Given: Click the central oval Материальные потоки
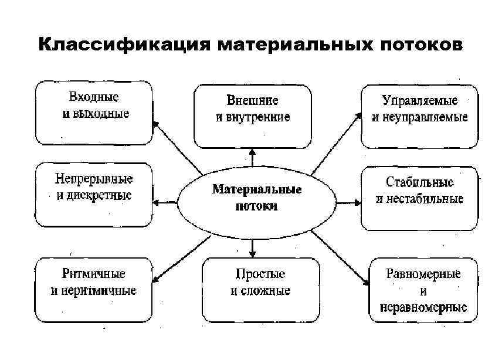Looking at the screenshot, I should tap(253, 198).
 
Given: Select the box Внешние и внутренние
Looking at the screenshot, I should tap(253, 116).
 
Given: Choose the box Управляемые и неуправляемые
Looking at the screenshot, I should tap(420, 116).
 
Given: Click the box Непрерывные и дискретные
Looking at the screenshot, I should tap(94, 195).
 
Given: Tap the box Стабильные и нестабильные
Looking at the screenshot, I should tap(420, 198).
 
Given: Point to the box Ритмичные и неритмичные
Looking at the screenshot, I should tap(94, 288).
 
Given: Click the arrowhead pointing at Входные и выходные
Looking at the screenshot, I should tap(155, 124).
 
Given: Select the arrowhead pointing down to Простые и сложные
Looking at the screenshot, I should tap(253, 254).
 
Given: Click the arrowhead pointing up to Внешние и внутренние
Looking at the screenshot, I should tap(253, 152).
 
